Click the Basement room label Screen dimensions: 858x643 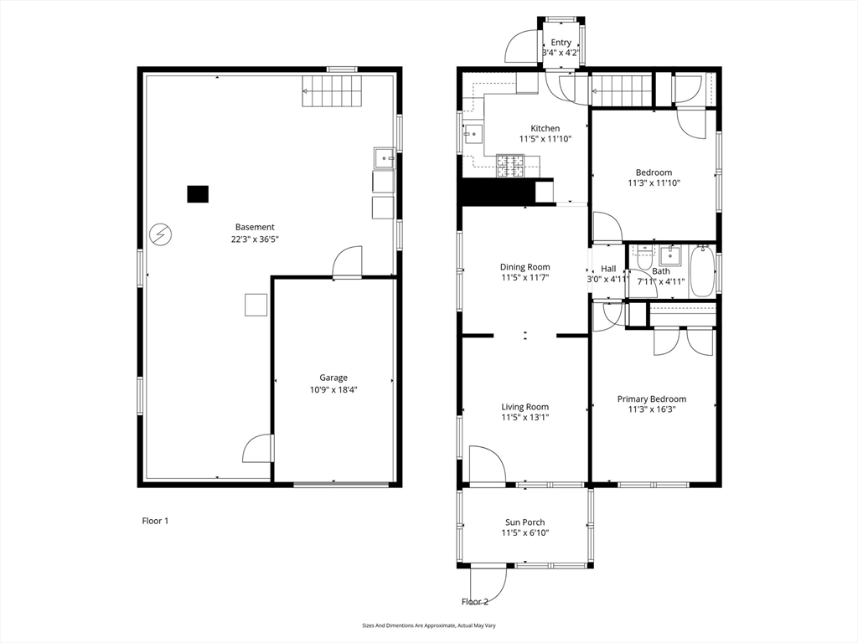point(255,227)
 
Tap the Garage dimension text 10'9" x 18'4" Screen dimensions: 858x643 point(333,390)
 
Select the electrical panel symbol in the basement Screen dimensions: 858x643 point(160,234)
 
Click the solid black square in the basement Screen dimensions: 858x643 point(198,194)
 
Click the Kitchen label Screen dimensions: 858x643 point(545,128)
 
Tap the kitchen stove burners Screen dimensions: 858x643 point(510,165)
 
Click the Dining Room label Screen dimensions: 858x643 point(525,267)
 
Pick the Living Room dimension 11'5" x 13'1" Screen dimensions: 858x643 point(525,418)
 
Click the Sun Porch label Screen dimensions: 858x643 point(525,522)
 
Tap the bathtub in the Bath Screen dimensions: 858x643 point(702,271)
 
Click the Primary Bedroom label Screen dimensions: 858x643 point(652,399)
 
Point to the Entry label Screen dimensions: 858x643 point(561,42)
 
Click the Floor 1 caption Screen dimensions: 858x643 point(155,521)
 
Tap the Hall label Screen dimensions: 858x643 point(608,269)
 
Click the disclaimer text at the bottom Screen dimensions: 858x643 point(429,625)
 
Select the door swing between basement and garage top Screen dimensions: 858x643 point(348,261)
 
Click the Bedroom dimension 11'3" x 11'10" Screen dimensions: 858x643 point(654,183)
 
